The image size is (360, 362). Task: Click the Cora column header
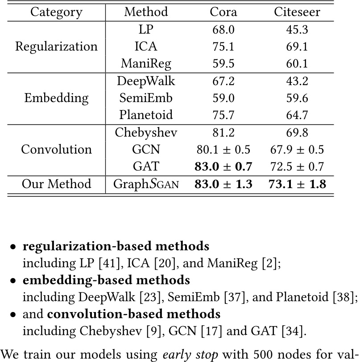tap(223, 11)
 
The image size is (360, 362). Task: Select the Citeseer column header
tap(297, 11)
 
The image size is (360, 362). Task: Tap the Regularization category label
tap(56, 46)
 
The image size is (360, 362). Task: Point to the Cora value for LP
tap(223, 29)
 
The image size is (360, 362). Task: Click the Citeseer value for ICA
tap(297, 46)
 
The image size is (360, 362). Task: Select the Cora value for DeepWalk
tap(223, 81)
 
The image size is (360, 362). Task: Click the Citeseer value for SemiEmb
tap(297, 98)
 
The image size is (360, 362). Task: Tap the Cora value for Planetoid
tap(223, 115)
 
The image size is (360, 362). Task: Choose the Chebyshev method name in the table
tap(146, 132)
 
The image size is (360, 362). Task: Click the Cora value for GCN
tap(223, 149)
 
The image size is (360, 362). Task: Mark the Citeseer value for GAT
tap(297, 166)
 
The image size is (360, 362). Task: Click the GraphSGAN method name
tap(146, 184)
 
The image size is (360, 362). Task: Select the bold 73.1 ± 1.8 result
tap(297, 184)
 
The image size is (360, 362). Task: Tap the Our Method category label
tap(56, 184)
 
